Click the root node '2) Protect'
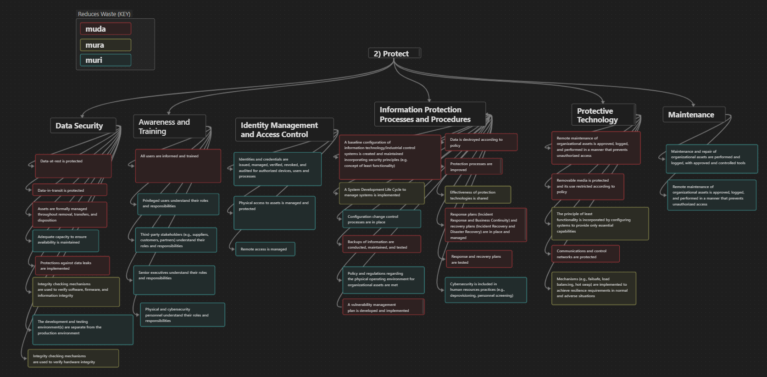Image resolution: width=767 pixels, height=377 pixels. click(x=395, y=53)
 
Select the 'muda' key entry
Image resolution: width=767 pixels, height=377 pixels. click(x=106, y=29)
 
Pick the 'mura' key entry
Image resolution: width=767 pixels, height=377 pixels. click(x=106, y=45)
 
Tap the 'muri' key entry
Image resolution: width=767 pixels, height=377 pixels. click(x=106, y=60)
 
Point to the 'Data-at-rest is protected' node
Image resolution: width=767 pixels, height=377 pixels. click(x=73, y=166)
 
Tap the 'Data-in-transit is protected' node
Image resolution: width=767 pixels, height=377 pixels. click(x=69, y=190)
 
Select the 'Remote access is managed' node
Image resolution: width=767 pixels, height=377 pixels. click(x=265, y=249)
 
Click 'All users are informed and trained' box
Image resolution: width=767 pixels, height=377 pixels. click(x=178, y=166)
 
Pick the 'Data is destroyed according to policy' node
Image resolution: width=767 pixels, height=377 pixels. click(x=481, y=142)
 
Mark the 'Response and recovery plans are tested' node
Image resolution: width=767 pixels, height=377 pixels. click(x=479, y=259)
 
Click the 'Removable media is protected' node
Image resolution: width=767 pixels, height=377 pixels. click(x=587, y=186)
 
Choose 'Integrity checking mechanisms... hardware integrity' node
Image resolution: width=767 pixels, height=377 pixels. click(x=73, y=359)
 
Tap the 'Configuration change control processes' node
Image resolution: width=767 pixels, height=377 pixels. click(x=381, y=219)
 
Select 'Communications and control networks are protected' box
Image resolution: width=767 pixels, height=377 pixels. click(x=585, y=254)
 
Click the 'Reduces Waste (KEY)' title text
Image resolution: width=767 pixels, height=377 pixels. click(x=104, y=14)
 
